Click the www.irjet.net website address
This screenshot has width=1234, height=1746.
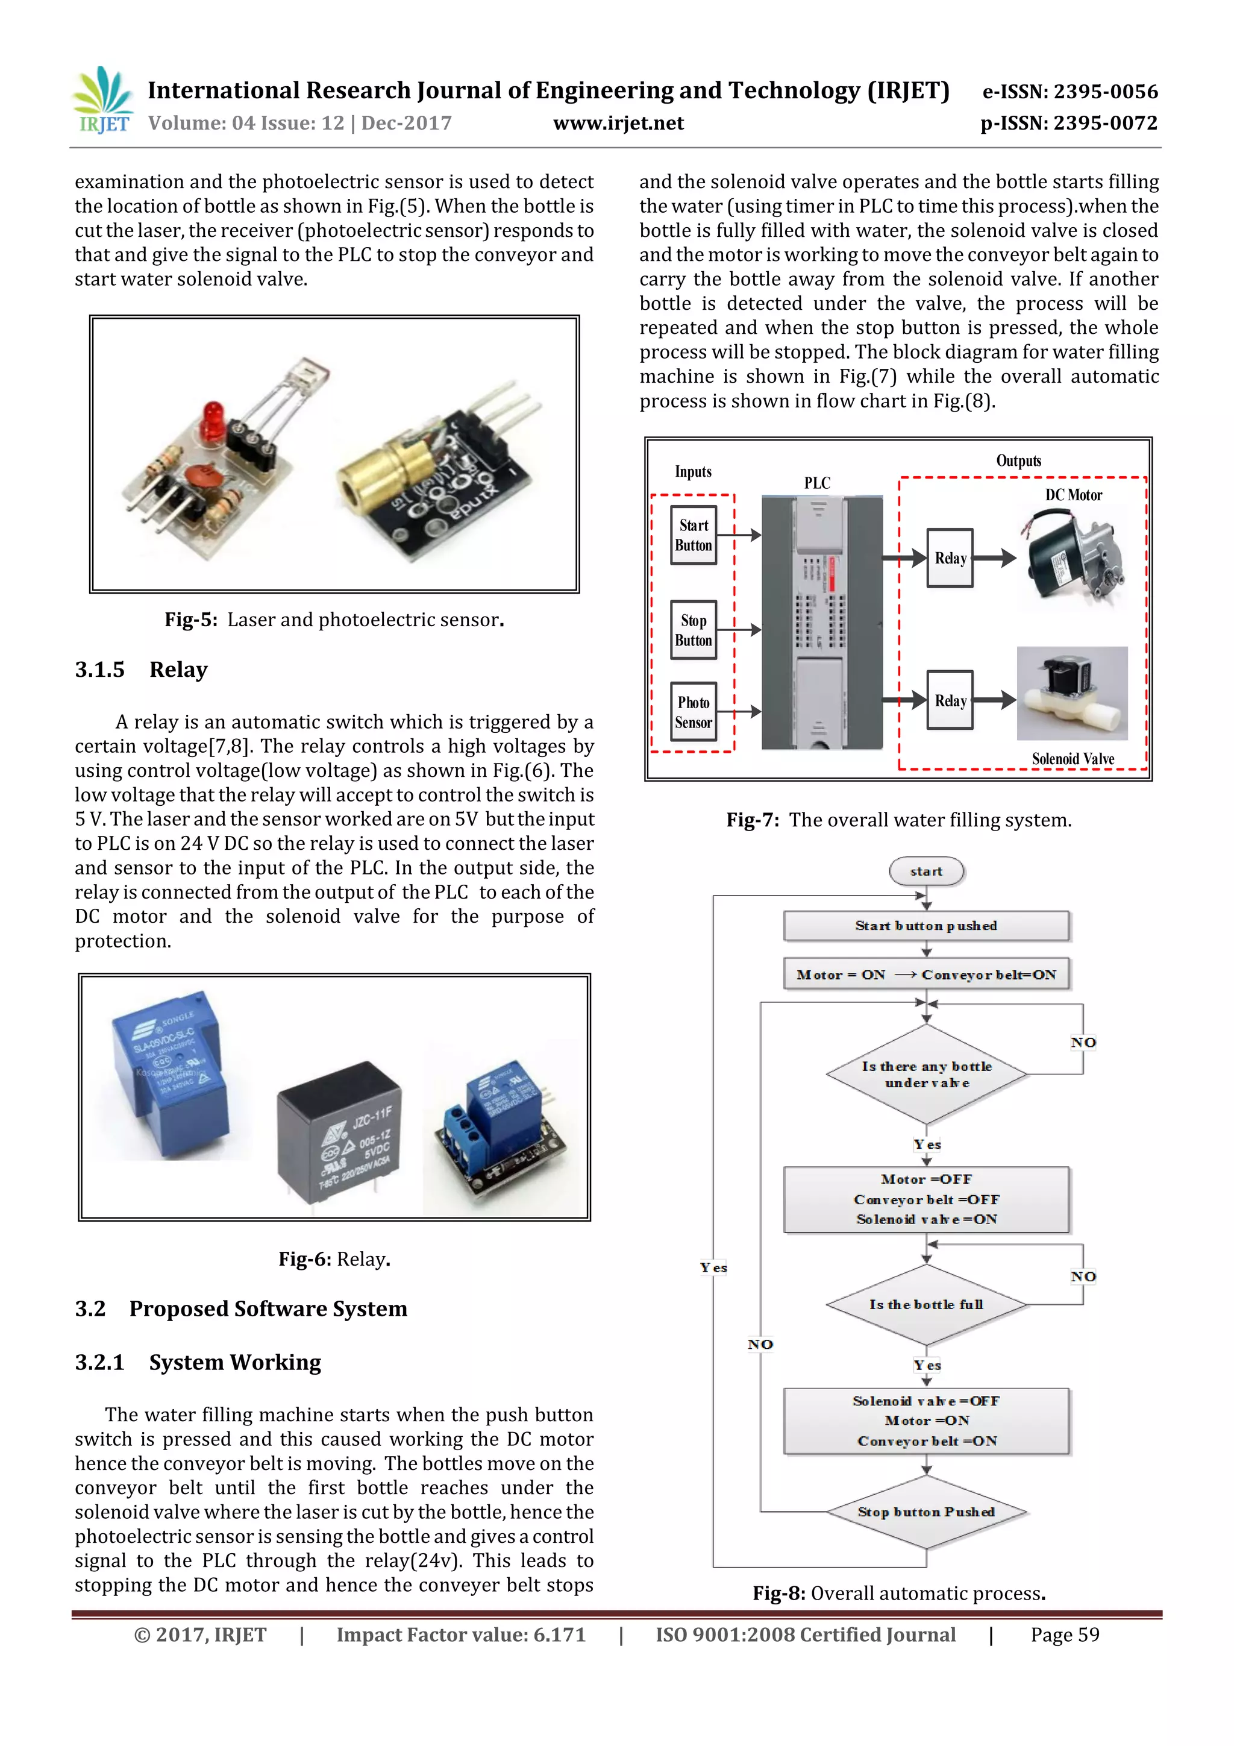click(x=618, y=123)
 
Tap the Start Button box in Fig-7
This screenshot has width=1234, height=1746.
click(x=693, y=535)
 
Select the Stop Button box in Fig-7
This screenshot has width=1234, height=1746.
click(x=693, y=630)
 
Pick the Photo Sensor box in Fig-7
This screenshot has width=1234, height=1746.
click(x=693, y=712)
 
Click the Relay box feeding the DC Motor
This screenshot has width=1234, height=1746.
click(x=950, y=558)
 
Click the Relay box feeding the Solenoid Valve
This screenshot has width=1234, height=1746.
click(x=950, y=700)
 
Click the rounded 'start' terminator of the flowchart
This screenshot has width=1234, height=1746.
click(x=926, y=871)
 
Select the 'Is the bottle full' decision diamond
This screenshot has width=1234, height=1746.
click(x=926, y=1305)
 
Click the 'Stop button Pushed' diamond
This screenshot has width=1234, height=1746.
click(x=926, y=1512)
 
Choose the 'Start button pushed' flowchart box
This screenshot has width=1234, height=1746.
click(x=926, y=926)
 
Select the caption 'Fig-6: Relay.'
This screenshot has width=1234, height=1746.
click(x=334, y=1259)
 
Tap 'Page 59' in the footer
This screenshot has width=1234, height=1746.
click(x=1065, y=1635)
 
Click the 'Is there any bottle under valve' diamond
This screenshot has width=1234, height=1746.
click(x=926, y=1075)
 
